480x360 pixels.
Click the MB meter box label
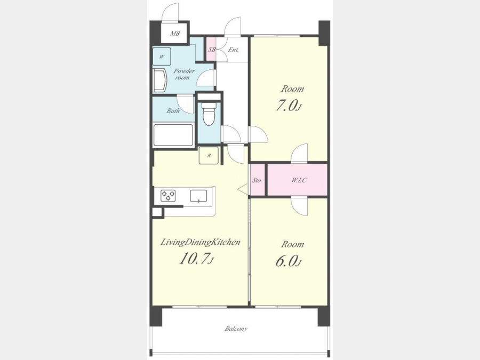[x=175, y=34]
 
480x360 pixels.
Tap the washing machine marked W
[x=162, y=57]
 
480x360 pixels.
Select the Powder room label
[x=183, y=74]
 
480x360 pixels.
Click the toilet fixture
[x=209, y=114]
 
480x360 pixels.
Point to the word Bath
[x=173, y=111]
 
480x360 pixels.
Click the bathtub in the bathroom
[x=173, y=135]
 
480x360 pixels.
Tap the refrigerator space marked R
[x=209, y=155]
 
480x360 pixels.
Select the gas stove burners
[x=168, y=196]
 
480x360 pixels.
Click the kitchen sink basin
[x=198, y=196]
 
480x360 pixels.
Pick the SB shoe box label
[x=212, y=50]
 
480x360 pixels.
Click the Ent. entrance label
[x=233, y=50]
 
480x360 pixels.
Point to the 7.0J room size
[x=289, y=106]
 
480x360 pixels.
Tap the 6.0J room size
[x=289, y=261]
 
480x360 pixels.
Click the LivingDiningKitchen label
[x=200, y=243]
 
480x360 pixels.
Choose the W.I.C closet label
[x=299, y=180]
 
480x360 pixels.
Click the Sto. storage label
[x=257, y=180]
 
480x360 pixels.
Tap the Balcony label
[x=236, y=329]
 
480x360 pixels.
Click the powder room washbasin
[x=159, y=80]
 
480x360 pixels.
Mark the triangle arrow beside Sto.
[x=243, y=189]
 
